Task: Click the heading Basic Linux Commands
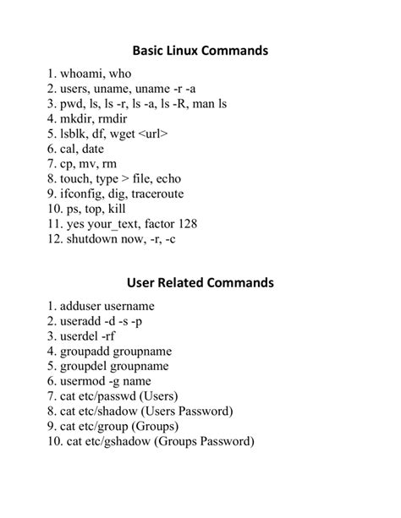click(200, 51)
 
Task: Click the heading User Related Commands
click(200, 281)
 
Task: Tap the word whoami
click(83, 74)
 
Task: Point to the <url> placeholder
click(151, 134)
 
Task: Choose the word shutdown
click(94, 238)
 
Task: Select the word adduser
click(82, 306)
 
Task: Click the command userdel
click(80, 335)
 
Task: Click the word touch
click(77, 178)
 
